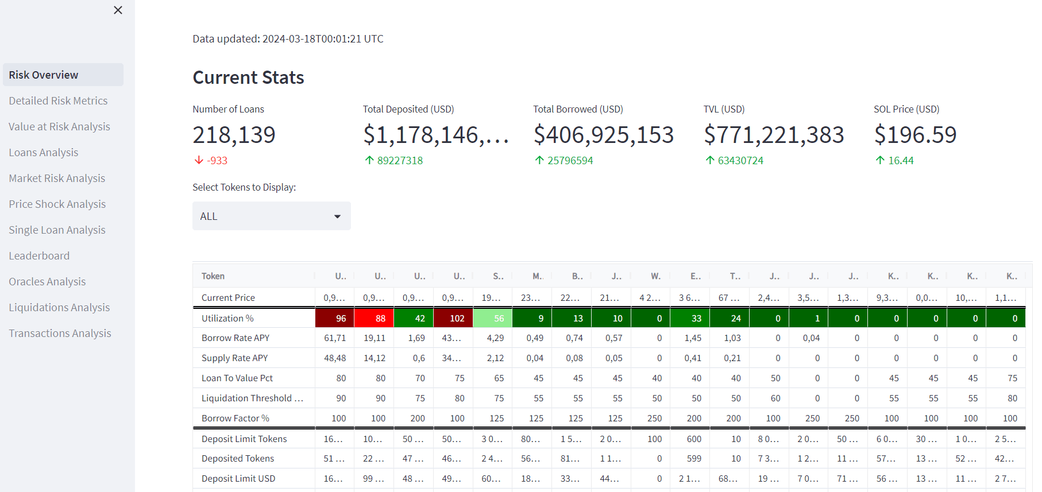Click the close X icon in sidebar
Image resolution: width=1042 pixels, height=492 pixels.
[x=118, y=10]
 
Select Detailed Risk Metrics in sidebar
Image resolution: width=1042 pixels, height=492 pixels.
[x=58, y=100]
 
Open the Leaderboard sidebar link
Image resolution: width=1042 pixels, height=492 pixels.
[x=39, y=255]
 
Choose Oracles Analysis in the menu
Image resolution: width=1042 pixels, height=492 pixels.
[x=47, y=281]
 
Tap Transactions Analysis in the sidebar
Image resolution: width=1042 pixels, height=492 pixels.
[x=60, y=333]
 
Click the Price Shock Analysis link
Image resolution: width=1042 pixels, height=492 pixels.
[x=57, y=204]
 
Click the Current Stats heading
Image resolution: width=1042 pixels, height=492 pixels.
[x=248, y=78]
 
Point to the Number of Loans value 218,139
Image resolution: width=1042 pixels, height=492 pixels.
[x=234, y=135]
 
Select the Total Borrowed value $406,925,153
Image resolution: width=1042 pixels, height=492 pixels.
[x=603, y=135]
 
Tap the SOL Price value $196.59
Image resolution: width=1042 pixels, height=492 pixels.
[x=915, y=135]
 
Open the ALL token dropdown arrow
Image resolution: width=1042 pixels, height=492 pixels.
[x=337, y=216]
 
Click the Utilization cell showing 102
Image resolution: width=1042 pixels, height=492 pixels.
[x=453, y=318]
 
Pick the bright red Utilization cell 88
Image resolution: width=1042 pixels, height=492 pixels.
[x=374, y=318]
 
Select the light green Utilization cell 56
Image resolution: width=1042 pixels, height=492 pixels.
[x=493, y=318]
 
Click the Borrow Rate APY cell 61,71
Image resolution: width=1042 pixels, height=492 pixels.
[x=335, y=338]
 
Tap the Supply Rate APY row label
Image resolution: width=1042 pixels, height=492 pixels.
[x=234, y=358]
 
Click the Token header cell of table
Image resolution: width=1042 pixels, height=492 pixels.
[x=213, y=276]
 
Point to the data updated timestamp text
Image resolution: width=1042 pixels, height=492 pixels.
[x=288, y=38]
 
